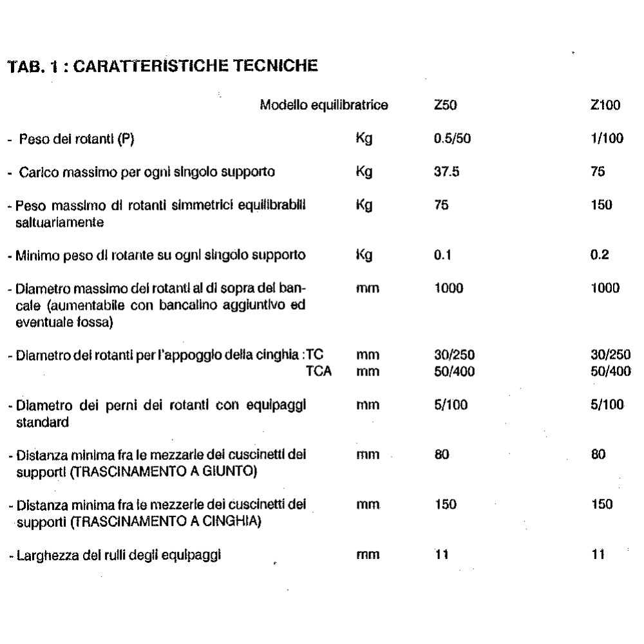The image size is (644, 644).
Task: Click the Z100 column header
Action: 605,105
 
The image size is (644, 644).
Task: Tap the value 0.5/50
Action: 453,138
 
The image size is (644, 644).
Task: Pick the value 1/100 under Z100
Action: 605,138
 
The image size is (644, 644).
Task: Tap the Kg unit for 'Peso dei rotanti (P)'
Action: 365,138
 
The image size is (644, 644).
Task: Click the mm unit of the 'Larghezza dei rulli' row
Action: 366,554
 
